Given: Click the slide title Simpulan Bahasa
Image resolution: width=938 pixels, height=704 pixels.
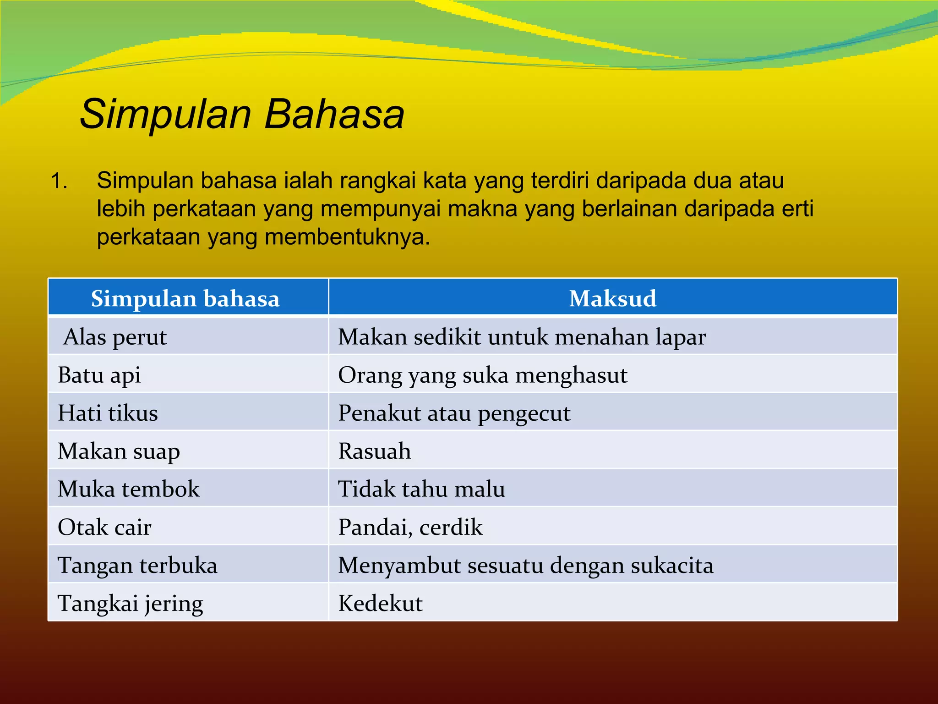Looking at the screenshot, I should pyautogui.click(x=242, y=114).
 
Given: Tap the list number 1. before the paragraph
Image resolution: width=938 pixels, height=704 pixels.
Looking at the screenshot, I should pyautogui.click(x=59, y=181).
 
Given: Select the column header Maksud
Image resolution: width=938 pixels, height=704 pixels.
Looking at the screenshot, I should pyautogui.click(x=612, y=298).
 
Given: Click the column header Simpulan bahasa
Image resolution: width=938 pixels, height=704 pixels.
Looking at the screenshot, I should pyautogui.click(x=185, y=299).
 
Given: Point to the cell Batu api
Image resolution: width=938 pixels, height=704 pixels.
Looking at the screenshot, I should pyautogui.click(x=99, y=375).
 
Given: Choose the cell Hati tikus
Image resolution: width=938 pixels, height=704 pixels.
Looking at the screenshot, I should pyautogui.click(x=108, y=413).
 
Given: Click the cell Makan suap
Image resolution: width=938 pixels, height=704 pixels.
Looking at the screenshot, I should pyautogui.click(x=119, y=451).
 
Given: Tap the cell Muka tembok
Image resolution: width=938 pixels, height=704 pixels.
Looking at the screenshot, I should pyautogui.click(x=129, y=489).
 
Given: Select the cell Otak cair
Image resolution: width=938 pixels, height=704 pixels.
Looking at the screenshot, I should pyautogui.click(x=104, y=527).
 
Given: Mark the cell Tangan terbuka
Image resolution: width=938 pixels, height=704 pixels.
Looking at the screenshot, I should pyautogui.click(x=137, y=565).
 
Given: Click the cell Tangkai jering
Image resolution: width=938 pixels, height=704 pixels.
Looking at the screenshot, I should pyautogui.click(x=130, y=603).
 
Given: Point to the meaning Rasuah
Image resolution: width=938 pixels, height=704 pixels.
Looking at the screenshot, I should pyautogui.click(x=374, y=451).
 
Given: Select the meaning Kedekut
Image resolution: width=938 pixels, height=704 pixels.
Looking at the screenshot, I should pyautogui.click(x=380, y=603).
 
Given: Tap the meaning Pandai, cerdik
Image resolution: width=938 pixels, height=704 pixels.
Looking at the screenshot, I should pyautogui.click(x=410, y=527).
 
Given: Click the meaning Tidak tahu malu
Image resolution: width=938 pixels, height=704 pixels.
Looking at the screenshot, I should pyautogui.click(x=421, y=489).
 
